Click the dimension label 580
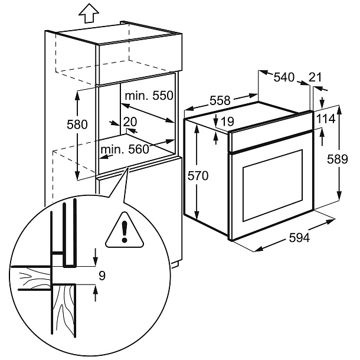[77, 125]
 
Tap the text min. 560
[124, 149]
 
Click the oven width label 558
[220, 100]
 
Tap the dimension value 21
[315, 77]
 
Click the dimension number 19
[227, 122]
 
